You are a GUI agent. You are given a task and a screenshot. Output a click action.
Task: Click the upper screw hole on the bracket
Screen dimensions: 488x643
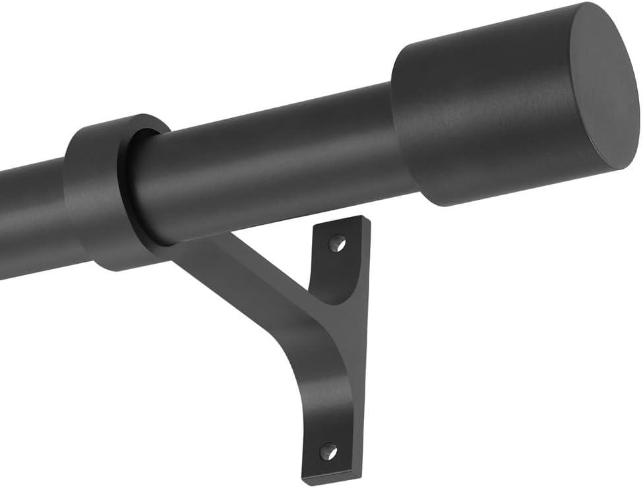pos(338,243)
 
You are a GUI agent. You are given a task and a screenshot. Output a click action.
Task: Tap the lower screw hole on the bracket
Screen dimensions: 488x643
pos(328,452)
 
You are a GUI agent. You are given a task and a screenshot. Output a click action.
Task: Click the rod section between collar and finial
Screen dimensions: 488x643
pos(264,165)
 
